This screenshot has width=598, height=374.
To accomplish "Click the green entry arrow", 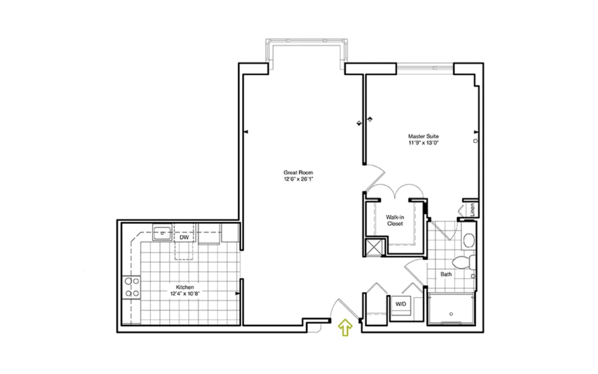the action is [x=345, y=328].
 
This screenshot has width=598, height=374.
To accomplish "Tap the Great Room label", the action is [x=298, y=172].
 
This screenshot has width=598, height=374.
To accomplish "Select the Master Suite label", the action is [x=423, y=136].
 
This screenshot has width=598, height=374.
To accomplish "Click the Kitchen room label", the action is [x=185, y=287].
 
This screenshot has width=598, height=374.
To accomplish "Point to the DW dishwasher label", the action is [x=184, y=237].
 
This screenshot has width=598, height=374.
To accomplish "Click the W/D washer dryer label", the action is [x=401, y=304].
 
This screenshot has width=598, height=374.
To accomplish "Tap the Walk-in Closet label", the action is [x=395, y=220].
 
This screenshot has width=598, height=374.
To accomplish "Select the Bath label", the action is [x=446, y=274].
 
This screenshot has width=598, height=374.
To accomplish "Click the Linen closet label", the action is [x=472, y=210].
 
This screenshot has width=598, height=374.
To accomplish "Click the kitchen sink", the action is [x=162, y=233].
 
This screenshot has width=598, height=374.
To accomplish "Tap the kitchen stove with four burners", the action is [x=131, y=288].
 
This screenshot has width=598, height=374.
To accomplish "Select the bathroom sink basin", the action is [x=469, y=240].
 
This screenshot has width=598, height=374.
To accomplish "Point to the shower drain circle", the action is [x=451, y=314].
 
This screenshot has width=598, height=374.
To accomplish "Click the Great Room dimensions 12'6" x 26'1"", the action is [x=298, y=179].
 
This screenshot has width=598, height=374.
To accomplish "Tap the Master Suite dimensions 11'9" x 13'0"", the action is [x=423, y=143].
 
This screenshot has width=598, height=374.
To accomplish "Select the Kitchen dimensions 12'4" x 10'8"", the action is [x=185, y=293].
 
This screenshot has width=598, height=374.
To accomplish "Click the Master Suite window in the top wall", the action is [x=425, y=68].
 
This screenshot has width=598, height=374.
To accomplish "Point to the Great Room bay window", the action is [x=307, y=41].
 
